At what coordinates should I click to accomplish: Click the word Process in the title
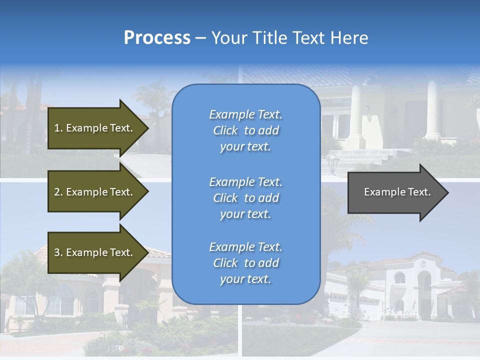pyautogui.click(x=157, y=38)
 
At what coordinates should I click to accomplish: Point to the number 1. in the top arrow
pyautogui.click(x=58, y=128)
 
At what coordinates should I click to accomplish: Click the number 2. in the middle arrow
pyautogui.click(x=58, y=192)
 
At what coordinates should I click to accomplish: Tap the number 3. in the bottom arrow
pyautogui.click(x=58, y=252)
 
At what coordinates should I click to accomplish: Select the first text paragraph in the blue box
pyautogui.click(x=245, y=130)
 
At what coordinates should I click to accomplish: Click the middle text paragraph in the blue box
pyautogui.click(x=245, y=198)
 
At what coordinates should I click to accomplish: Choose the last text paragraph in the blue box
pyautogui.click(x=245, y=263)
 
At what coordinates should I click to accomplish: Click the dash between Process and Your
pyautogui.click(x=200, y=38)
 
